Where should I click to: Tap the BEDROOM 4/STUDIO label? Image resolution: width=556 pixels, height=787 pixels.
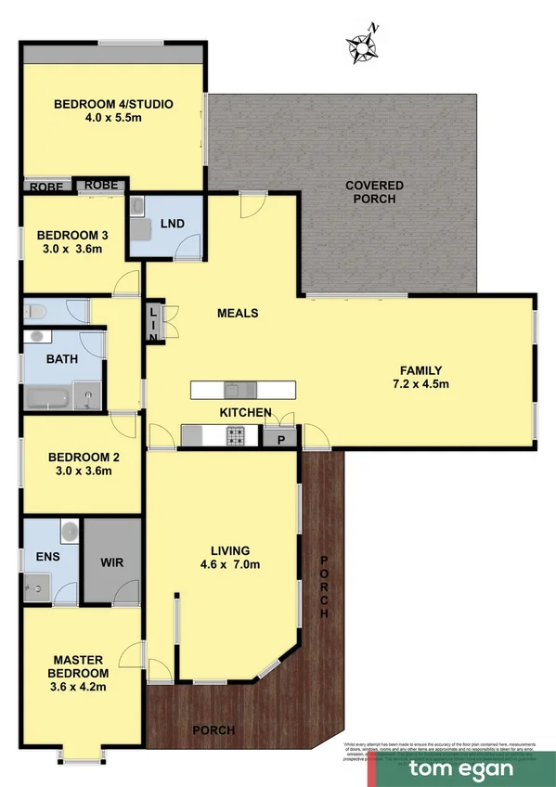click(x=114, y=104)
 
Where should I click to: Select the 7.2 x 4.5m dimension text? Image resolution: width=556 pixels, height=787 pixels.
click(x=420, y=383)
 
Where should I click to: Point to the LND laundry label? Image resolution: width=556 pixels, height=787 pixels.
click(x=173, y=224)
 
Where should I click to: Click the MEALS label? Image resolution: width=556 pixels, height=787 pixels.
click(x=237, y=313)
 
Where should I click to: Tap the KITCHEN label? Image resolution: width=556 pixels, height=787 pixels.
click(x=245, y=412)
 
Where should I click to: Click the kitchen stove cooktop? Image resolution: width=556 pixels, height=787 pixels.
click(x=237, y=433)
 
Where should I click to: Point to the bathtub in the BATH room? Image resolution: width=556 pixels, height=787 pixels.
click(x=47, y=400)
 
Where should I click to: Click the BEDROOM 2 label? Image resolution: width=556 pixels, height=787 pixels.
click(x=84, y=457)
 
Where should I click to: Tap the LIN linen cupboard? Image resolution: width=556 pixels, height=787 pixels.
click(x=154, y=323)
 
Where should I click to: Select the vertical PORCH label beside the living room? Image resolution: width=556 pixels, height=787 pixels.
click(x=324, y=587)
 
